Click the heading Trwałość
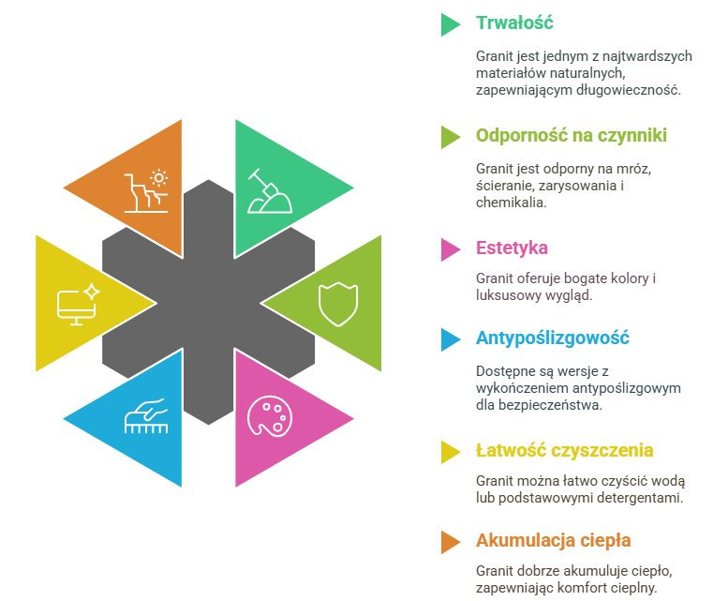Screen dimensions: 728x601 pos(514,23)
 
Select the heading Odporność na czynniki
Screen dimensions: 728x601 pos(572,136)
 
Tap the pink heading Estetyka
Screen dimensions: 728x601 pos(512,248)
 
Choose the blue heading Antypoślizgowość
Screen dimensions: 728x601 pos(553,338)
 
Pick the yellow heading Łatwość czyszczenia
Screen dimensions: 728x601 pos(565,451)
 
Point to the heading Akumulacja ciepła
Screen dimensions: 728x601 pos(554,541)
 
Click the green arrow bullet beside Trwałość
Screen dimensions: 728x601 pos(451,24)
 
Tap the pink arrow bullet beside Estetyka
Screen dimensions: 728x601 pos(451,249)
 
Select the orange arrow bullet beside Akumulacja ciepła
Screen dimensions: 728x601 pos(451,542)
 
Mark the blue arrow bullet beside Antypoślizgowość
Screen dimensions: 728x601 pos(451,339)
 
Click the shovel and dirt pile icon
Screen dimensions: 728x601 pos(269,191)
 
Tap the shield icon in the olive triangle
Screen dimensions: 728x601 pos(338,304)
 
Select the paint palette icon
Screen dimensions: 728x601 pos(270,416)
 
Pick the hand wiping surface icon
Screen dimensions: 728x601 pos(146,415)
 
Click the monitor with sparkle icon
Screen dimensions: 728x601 pos(78,304)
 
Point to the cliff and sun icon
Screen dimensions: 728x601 pos(146,190)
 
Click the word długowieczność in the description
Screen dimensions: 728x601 pos(628,90)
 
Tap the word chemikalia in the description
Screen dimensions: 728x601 pos(511,203)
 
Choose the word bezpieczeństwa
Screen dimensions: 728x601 pos(550,405)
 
